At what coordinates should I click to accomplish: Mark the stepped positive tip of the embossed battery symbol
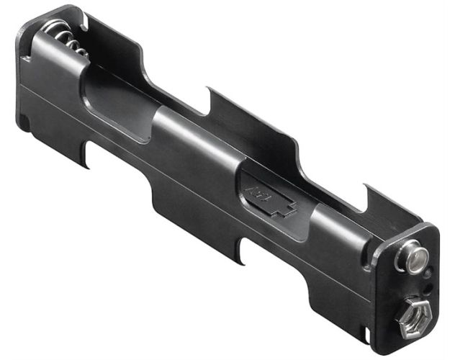[x=289, y=212]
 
